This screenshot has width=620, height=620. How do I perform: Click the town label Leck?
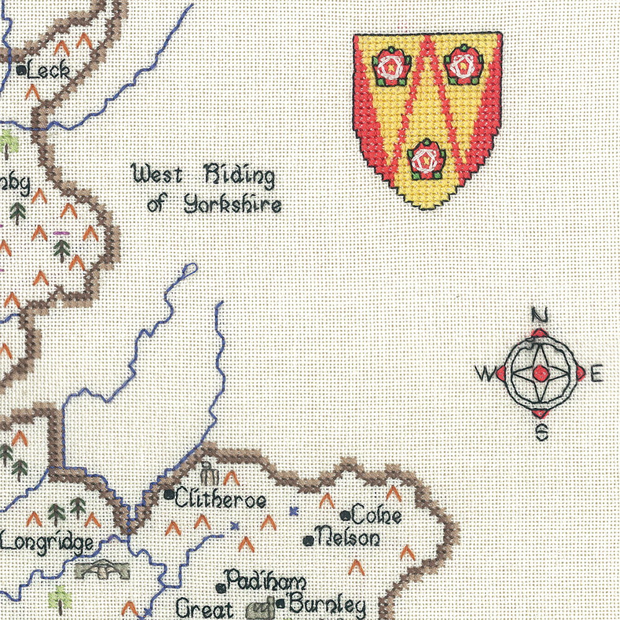tap(49, 71)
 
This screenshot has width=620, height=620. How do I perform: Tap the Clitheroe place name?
tap(220, 498)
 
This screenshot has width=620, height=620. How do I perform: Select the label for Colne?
tap(376, 515)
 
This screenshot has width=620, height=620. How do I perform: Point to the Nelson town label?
tap(348, 538)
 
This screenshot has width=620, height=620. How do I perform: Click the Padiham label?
tap(265, 582)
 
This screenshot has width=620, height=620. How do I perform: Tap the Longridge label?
tap(47, 543)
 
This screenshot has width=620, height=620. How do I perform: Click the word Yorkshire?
tap(232, 204)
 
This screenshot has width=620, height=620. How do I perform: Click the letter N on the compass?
tap(540, 316)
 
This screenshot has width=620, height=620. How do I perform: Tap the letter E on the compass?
tap(596, 374)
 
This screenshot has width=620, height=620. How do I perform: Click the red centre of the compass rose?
tap(541, 373)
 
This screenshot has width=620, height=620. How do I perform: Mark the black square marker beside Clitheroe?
tap(169, 494)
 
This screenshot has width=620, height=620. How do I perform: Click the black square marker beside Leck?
tap(22, 71)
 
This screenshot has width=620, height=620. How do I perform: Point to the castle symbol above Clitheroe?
tap(208, 474)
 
